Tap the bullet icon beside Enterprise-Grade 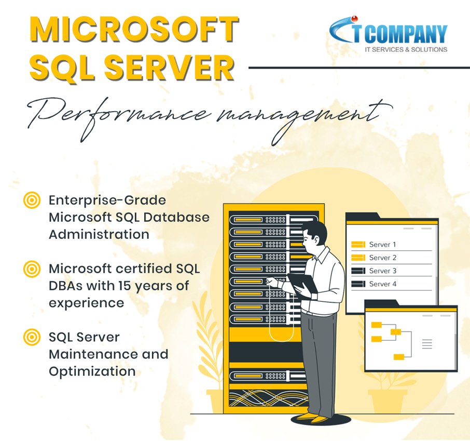32,200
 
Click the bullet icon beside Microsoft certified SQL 32,269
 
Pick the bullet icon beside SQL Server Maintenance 32,337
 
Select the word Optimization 92,371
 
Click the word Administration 99,234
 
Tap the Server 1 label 383,244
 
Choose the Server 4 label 383,284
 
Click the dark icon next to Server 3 358,271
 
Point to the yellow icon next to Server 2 358,258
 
